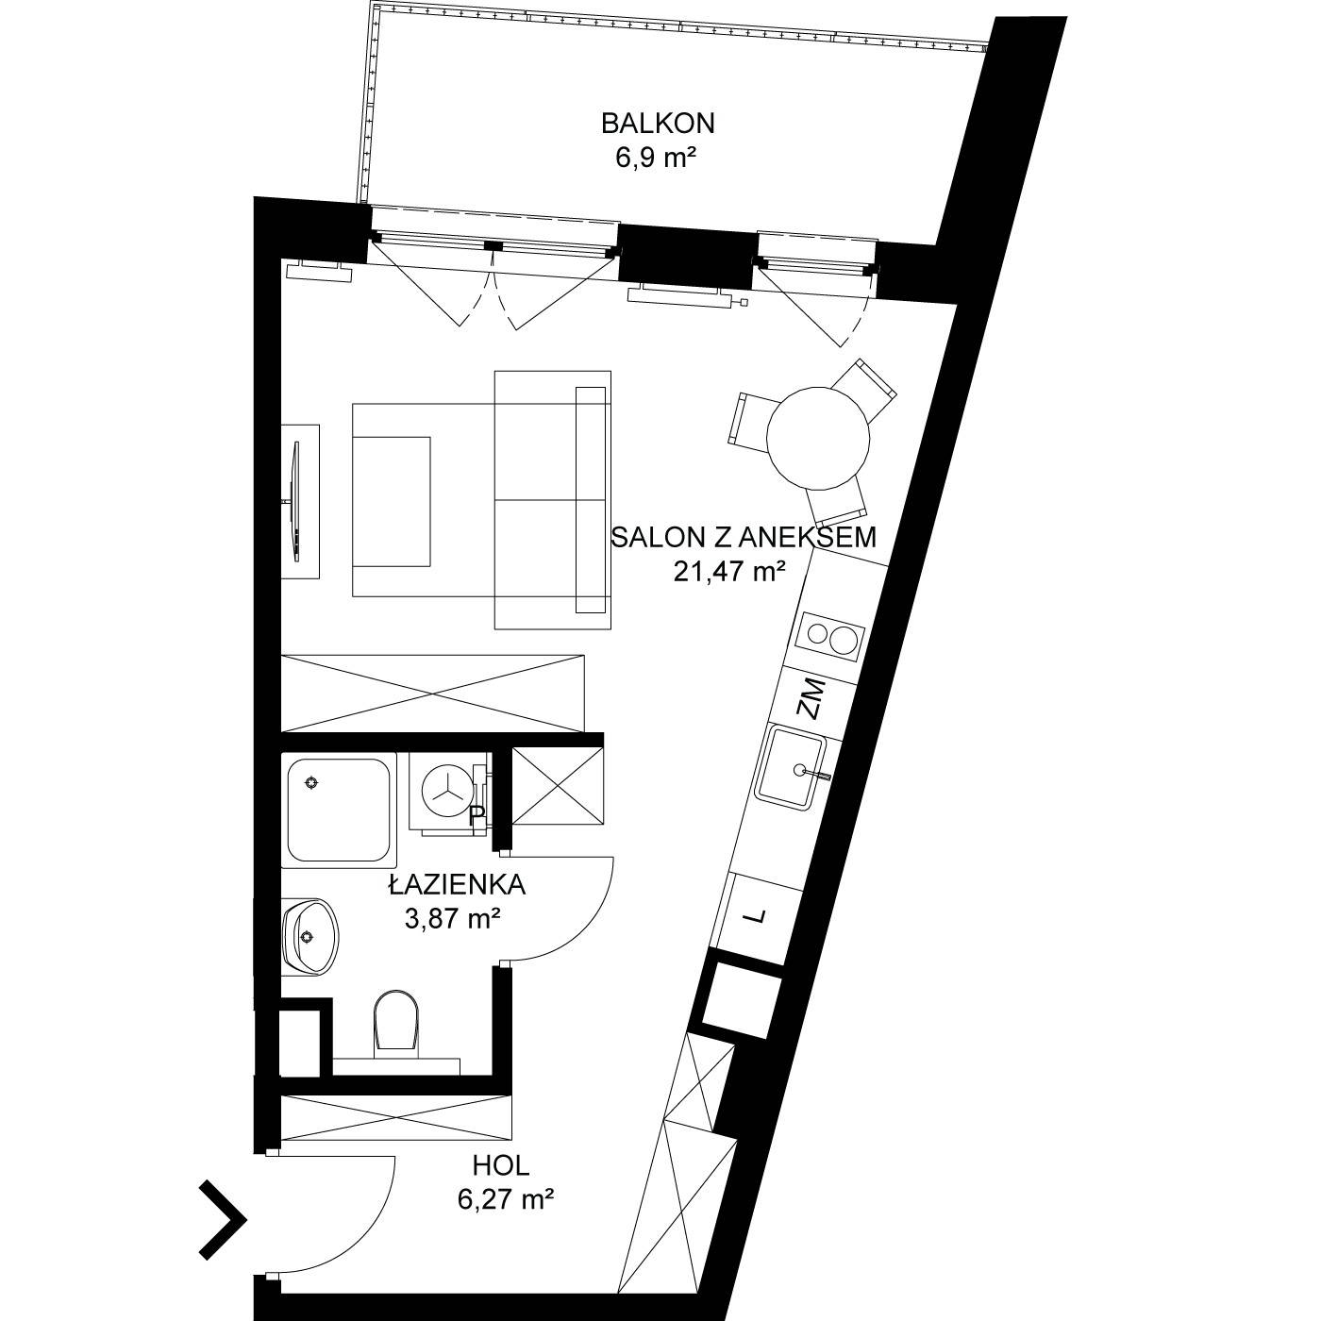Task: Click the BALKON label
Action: [658, 124]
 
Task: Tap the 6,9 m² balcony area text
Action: [656, 159]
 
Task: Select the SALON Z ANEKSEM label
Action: [744, 538]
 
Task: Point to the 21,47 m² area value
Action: [728, 571]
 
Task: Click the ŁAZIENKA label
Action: [458, 884]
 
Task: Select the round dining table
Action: [818, 438]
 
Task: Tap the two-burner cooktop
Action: [830, 637]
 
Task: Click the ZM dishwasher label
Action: [811, 698]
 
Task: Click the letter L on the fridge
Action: [756, 916]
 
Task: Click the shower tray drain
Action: [312, 783]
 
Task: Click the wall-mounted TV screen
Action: [296, 502]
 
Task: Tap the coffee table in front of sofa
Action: [391, 501]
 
